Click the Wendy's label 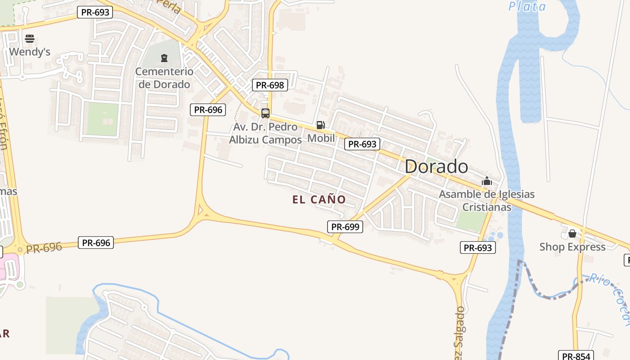click(30, 52)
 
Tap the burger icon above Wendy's click(30, 39)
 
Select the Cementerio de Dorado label click(164, 78)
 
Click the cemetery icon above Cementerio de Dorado click(164, 58)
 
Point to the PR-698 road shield click(270, 85)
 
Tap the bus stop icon click(265, 113)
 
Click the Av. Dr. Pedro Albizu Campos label click(265, 133)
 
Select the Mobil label click(321, 138)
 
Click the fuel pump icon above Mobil click(320, 125)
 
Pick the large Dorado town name click(436, 166)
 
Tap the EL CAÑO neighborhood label click(319, 199)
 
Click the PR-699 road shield click(345, 227)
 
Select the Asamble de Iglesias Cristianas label click(487, 201)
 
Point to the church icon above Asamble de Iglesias click(486, 182)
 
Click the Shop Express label click(572, 247)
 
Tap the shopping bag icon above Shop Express click(572, 234)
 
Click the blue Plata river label click(527, 6)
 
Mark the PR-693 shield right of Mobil click(362, 144)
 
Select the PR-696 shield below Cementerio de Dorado click(207, 109)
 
